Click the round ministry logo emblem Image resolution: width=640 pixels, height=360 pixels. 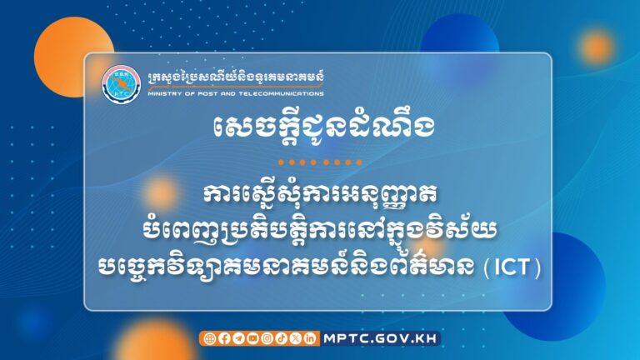tap(116, 82)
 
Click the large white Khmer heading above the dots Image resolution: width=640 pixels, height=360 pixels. tap(319, 130)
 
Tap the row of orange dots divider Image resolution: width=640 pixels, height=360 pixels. tap(319, 162)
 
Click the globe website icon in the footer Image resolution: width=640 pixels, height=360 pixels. tap(209, 338)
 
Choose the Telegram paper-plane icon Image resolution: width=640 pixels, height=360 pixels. tap(237, 338)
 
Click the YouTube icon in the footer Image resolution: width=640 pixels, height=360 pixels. tap(252, 338)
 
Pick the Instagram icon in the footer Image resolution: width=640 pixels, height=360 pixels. tap(266, 338)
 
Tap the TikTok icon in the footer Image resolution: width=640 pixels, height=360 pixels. tap(280, 338)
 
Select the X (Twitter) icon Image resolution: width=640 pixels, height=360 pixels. tap(294, 338)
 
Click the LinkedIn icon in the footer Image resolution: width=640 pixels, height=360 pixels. tap(309, 338)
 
